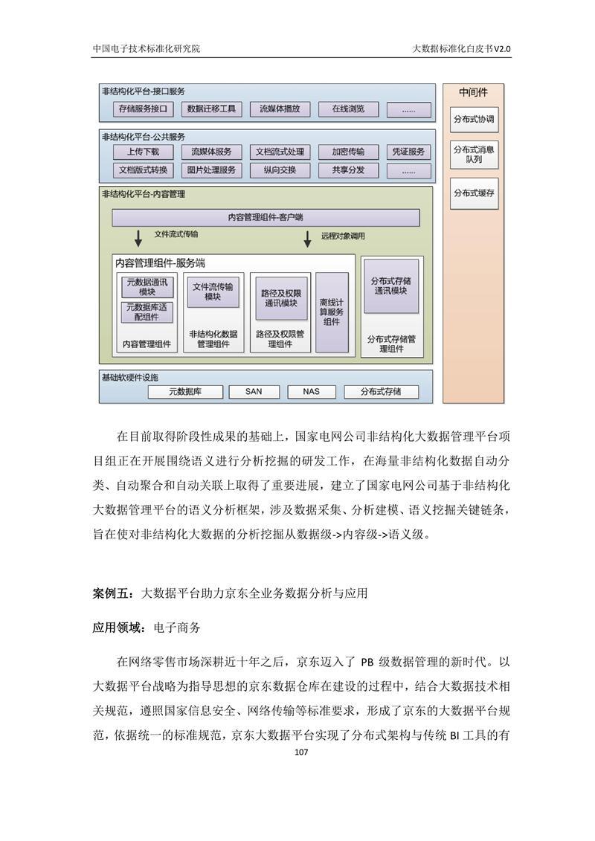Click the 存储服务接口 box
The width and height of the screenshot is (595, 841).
click(x=144, y=109)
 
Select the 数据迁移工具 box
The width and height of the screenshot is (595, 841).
click(x=211, y=109)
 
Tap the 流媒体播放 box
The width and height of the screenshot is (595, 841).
click(x=280, y=109)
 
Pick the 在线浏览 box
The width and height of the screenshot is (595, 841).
click(x=348, y=109)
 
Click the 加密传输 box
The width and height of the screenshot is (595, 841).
click(x=348, y=152)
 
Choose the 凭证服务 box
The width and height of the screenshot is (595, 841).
click(x=408, y=152)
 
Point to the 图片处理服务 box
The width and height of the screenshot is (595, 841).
click(x=211, y=170)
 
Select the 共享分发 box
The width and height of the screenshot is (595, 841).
click(x=348, y=170)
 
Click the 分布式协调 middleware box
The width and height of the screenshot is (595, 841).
click(x=474, y=119)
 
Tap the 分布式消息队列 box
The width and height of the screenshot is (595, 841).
click(x=474, y=155)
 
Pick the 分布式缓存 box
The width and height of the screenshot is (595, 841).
click(x=474, y=193)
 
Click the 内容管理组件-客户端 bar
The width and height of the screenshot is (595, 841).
click(x=266, y=218)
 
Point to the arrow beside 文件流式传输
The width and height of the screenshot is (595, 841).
click(x=138, y=238)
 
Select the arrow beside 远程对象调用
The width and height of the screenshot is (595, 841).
click(x=307, y=239)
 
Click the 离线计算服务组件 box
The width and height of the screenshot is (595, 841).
click(x=332, y=312)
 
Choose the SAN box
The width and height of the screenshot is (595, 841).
click(x=254, y=392)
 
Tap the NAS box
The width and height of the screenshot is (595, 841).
click(x=311, y=392)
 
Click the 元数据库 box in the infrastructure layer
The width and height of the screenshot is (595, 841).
click(x=185, y=392)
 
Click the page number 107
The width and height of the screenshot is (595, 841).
click(x=301, y=752)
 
